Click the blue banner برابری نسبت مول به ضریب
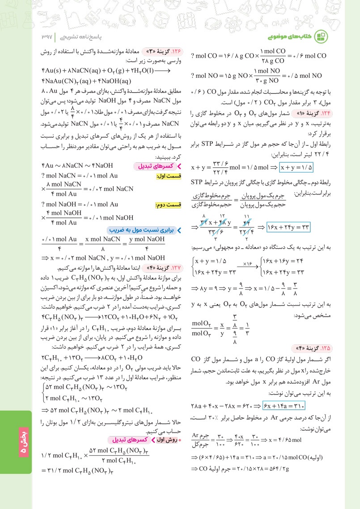click(148, 230)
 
